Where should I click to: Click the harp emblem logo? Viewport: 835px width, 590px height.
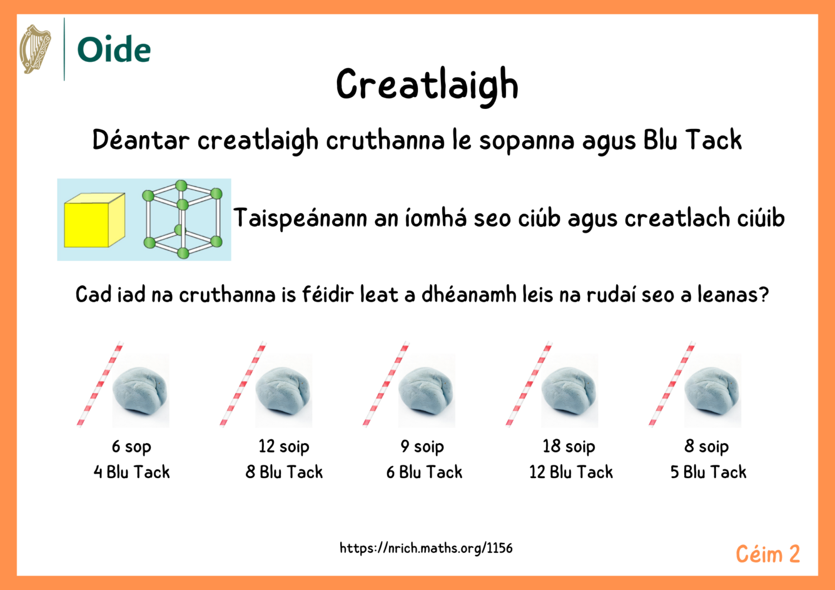(x=35, y=49)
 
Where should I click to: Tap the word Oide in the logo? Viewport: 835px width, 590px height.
(x=114, y=49)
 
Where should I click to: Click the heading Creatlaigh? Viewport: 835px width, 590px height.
(x=427, y=85)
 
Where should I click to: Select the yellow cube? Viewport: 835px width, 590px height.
(x=94, y=221)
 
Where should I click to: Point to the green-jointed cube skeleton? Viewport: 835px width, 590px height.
(x=182, y=219)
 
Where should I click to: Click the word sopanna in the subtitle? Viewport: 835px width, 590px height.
(x=527, y=140)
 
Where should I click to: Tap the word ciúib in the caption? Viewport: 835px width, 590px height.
(x=761, y=218)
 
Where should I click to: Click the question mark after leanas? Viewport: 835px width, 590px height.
(x=764, y=294)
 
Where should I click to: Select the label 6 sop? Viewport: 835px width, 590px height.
(x=131, y=447)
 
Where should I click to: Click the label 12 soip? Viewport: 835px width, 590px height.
(x=284, y=447)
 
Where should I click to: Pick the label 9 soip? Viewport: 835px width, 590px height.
(x=422, y=447)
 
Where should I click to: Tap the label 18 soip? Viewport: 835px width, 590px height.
(x=569, y=447)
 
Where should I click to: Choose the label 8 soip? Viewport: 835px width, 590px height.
(x=706, y=447)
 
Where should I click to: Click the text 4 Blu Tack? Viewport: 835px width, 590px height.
(x=131, y=472)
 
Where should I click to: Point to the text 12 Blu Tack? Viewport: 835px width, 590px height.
(x=571, y=472)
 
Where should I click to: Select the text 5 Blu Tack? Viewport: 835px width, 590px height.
(x=708, y=472)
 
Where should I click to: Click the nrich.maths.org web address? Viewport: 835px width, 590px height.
(x=426, y=548)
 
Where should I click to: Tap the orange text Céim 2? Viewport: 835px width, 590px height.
(x=768, y=554)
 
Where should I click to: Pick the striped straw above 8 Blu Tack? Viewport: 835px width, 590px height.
(x=243, y=384)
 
